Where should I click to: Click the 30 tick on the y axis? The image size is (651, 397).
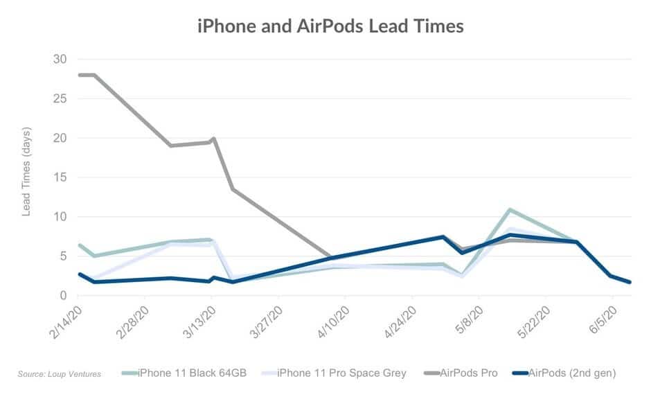coord(60,59)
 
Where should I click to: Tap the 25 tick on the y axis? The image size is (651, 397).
coord(60,98)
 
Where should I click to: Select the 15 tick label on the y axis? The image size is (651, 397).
coord(60,177)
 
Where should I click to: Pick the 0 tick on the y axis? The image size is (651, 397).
coord(63,296)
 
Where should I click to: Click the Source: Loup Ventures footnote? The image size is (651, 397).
coord(60,374)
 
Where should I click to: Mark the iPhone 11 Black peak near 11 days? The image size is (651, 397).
coord(510,209)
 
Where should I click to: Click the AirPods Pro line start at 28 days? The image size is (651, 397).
coord(80,75)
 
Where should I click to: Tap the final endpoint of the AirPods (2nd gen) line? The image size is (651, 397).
coord(630,282)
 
